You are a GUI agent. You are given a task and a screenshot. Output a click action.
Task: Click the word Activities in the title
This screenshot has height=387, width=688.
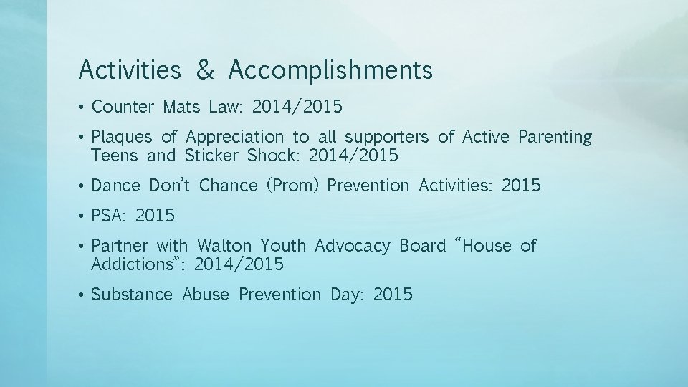tap(130, 70)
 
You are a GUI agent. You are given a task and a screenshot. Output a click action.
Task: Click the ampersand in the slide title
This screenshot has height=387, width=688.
tap(205, 70)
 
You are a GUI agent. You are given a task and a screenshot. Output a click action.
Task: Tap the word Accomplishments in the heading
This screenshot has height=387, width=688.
tap(331, 70)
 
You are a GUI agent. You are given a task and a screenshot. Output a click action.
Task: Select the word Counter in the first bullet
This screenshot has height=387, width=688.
tap(123, 107)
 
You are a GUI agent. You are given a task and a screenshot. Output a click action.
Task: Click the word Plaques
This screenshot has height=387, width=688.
tap(122, 137)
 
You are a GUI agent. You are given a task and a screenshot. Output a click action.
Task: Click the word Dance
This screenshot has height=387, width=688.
tap(116, 186)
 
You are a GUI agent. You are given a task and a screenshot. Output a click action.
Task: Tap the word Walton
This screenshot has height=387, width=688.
tap(224, 247)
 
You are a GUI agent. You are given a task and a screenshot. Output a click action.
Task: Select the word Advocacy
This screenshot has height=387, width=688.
tap(353, 247)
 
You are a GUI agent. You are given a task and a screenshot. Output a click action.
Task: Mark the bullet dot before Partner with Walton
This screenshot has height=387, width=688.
tap(82, 247)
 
